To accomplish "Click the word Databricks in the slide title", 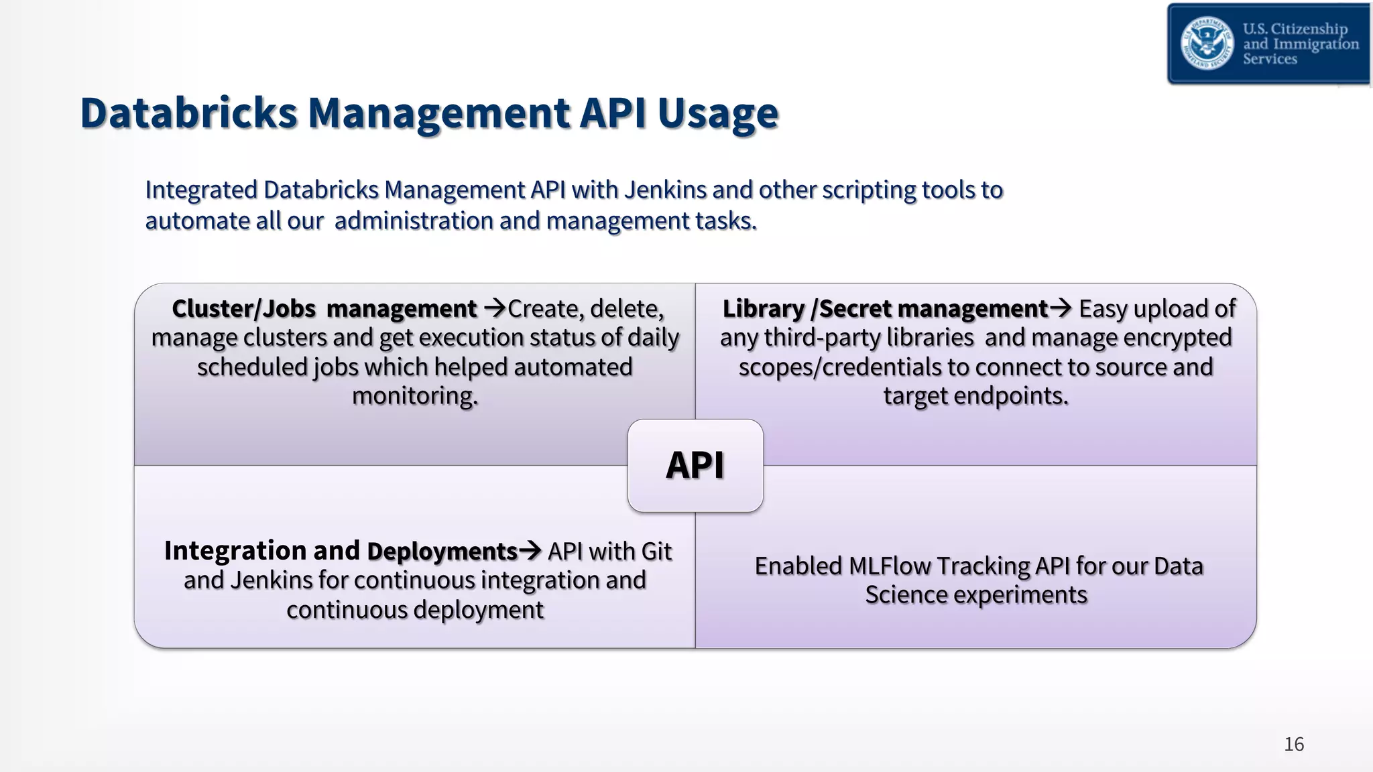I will [188, 113].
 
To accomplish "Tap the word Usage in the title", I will [717, 114].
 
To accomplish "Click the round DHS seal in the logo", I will [1207, 44].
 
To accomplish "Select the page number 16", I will [1293, 744].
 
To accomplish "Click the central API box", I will [695, 466].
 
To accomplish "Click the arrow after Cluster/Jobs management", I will [495, 309].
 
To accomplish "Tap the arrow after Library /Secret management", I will [1061, 308].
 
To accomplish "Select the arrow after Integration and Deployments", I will [530, 551].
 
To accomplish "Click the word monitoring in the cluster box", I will [415, 396].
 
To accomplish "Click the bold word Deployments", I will [442, 552].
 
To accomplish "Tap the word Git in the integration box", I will [656, 552].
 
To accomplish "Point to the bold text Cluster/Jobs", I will [243, 309].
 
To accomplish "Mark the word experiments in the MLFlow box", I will [1020, 595].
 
